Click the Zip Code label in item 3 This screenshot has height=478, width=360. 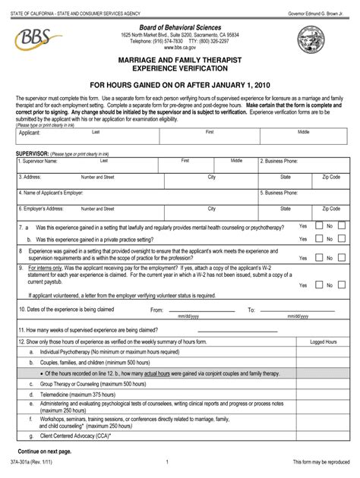tap(330, 176)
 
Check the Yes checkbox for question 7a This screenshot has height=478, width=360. tap(314, 226)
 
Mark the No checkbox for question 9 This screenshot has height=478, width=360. tap(340, 285)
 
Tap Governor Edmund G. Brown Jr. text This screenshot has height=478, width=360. tap(317, 7)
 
